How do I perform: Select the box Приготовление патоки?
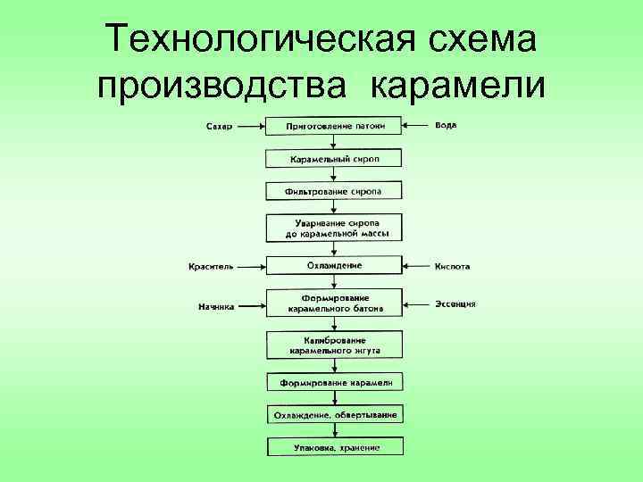335,126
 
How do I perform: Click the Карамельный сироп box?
335,159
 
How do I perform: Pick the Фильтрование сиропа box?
335,192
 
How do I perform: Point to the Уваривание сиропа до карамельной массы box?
335,228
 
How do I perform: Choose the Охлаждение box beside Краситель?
335,266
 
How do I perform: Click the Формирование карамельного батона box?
335,303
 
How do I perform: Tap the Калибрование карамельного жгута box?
335,345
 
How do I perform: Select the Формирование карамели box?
335,383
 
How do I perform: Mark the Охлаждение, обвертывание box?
335,415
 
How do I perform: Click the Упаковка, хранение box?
335,447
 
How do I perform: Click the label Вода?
446,125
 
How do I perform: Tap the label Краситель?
211,266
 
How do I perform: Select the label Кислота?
453,266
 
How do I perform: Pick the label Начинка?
216,306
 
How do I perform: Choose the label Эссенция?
455,303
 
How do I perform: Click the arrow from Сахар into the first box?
251,127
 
